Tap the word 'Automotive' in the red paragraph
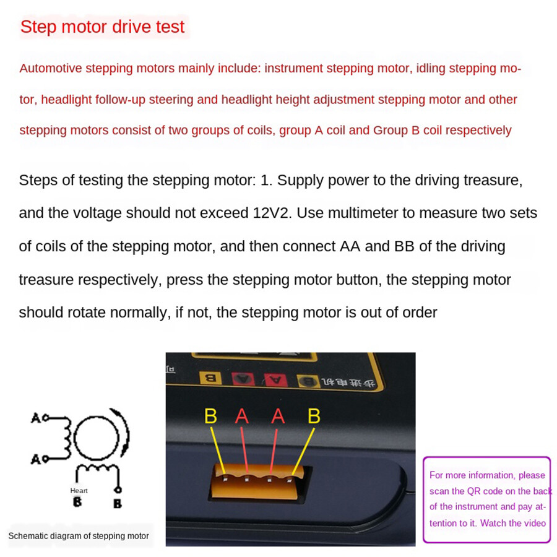point(50,68)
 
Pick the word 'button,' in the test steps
point(358,280)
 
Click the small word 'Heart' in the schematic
point(79,491)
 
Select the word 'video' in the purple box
point(532,523)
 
